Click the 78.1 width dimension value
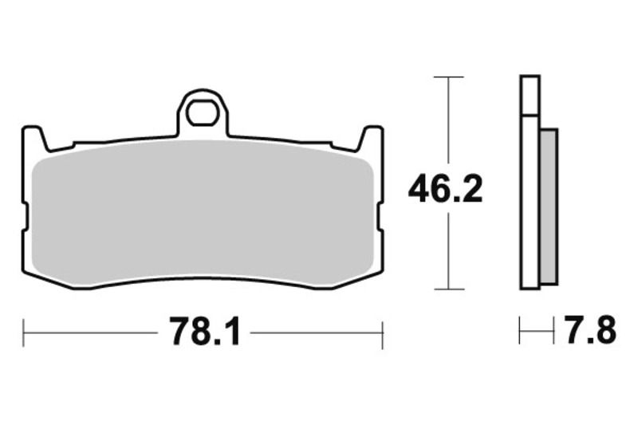(204, 332)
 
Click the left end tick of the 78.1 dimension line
(24, 333)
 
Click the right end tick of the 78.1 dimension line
(384, 333)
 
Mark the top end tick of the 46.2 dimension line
(449, 77)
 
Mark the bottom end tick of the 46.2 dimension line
(449, 289)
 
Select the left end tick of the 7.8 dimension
(520, 330)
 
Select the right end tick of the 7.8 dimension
(553, 330)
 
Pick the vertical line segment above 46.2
(449, 120)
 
